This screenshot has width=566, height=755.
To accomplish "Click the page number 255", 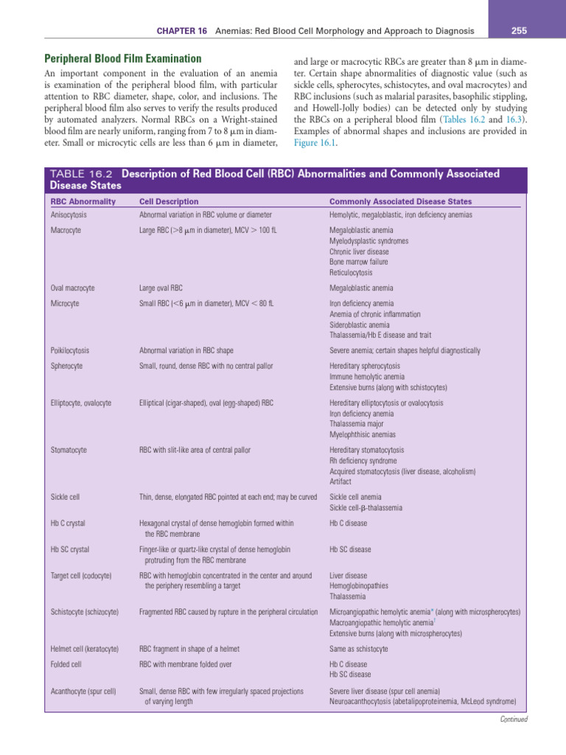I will [519, 30].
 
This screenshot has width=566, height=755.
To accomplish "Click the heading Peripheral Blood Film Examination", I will [123, 58].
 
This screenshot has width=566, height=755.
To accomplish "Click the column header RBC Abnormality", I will [83, 201].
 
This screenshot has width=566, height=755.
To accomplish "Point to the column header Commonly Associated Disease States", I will [400, 201].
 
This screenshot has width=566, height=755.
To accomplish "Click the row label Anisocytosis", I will [69, 215].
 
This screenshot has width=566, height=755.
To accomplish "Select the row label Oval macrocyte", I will [72, 288].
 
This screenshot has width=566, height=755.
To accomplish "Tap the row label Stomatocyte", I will [69, 449].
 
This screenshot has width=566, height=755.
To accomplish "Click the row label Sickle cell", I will [66, 496].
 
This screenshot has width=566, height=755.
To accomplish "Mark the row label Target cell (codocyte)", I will [81, 574].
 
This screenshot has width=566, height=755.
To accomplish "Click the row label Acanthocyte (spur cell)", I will [83, 691].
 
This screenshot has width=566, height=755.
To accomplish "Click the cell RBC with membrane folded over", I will [184, 664].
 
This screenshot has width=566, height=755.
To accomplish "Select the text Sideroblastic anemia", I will [360, 324].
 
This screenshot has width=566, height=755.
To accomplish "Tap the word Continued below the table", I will [514, 719].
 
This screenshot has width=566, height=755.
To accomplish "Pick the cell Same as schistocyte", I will [358, 648].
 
